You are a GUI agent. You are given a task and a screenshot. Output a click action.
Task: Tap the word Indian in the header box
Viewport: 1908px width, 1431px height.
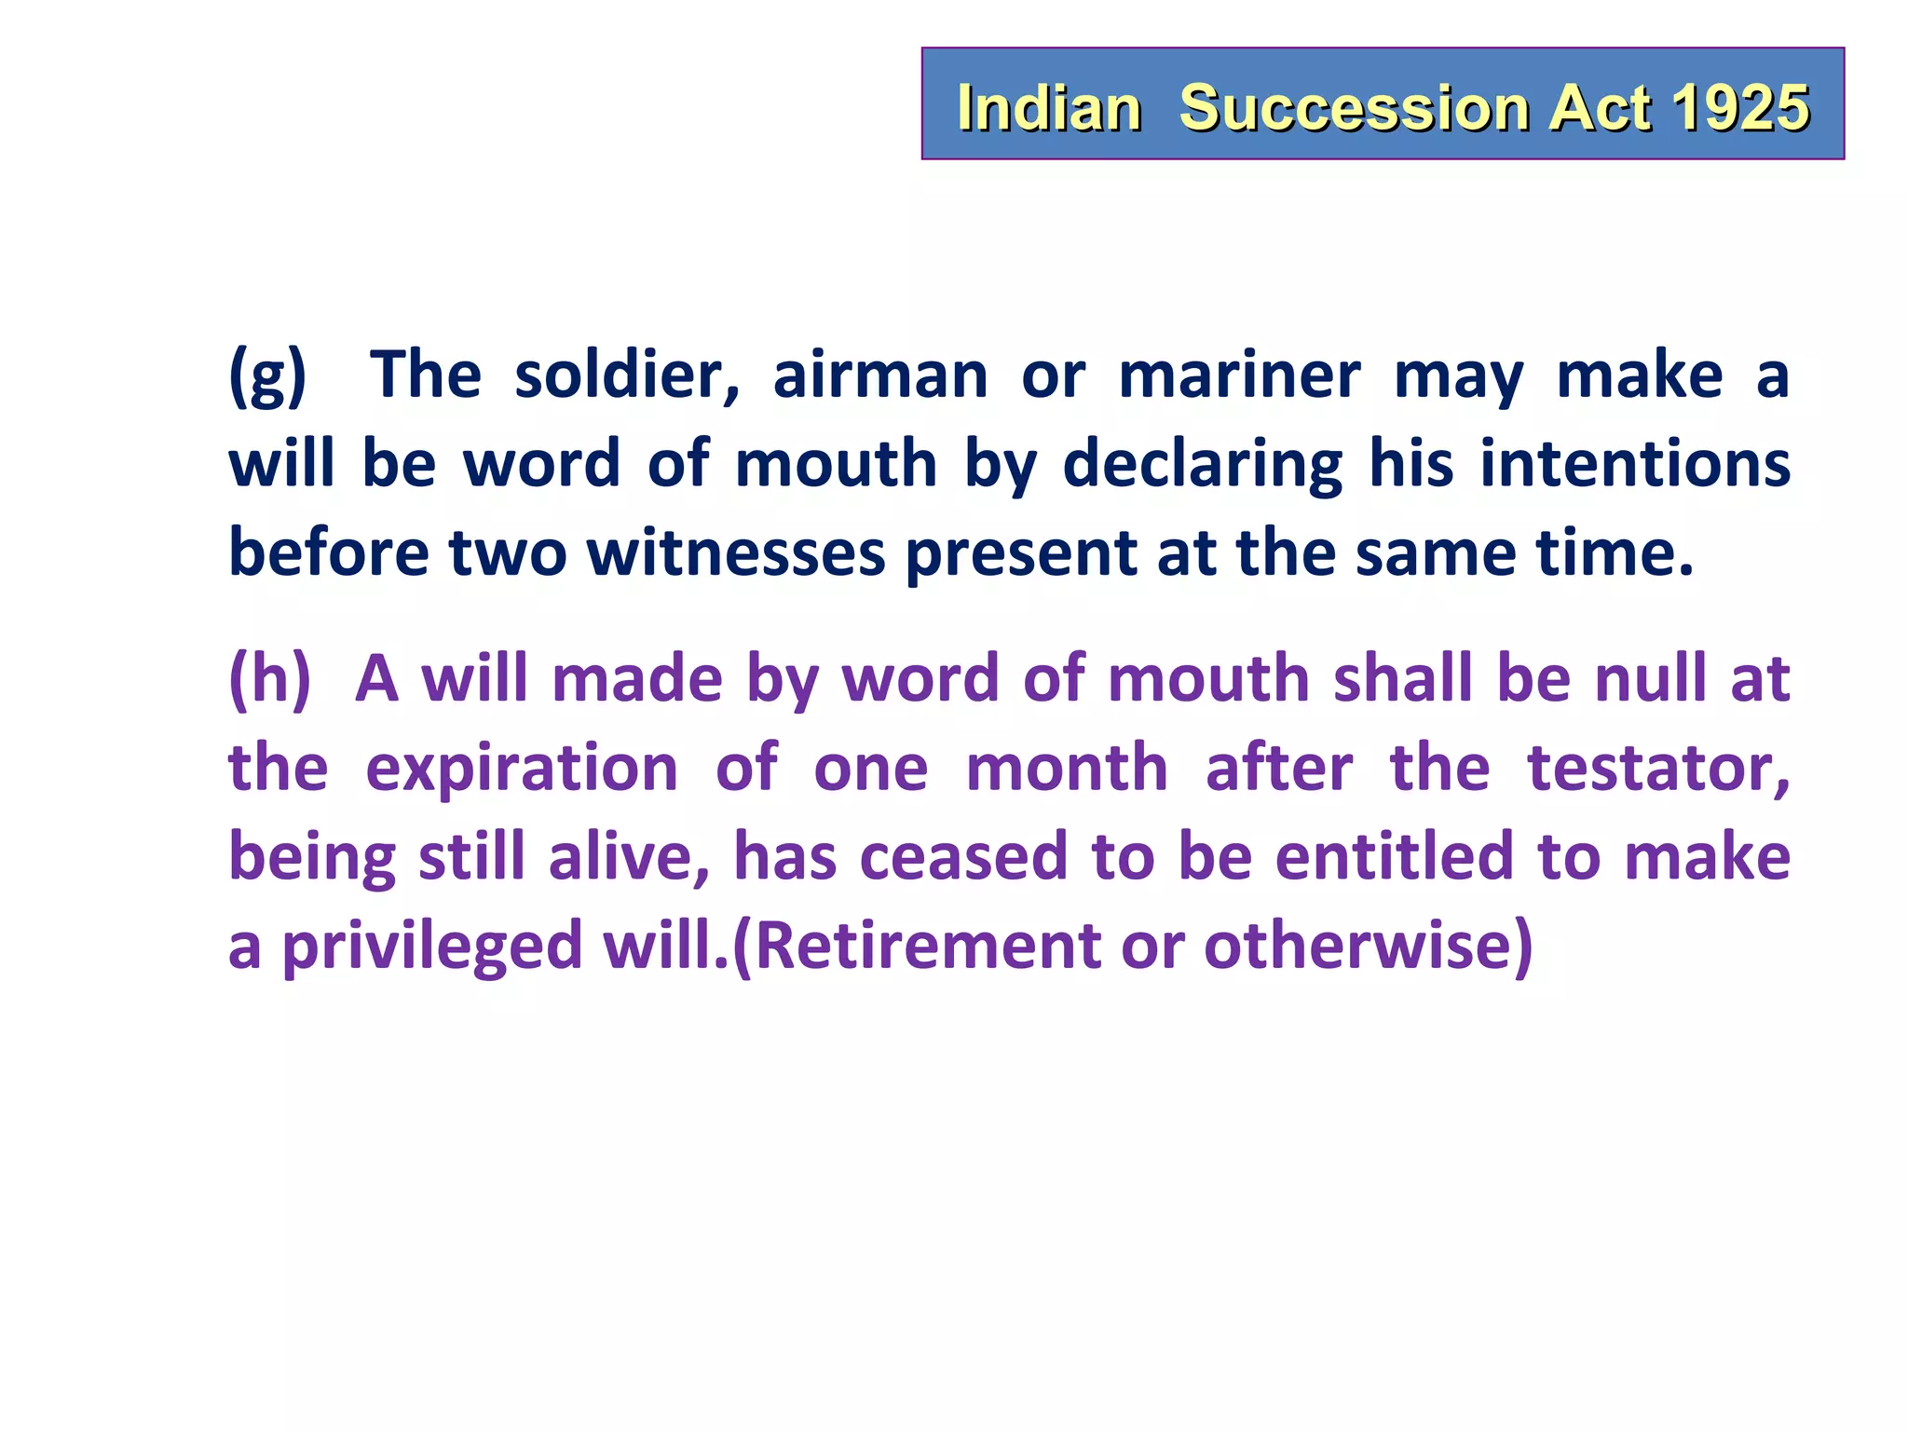point(1049,107)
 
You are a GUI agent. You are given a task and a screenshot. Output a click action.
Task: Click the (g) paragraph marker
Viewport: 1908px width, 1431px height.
point(267,375)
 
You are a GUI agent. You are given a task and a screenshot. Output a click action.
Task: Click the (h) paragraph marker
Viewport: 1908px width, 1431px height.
point(269,678)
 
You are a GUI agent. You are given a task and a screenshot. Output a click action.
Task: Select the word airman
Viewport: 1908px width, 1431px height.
point(880,375)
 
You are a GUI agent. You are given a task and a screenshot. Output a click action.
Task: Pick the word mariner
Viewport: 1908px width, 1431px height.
point(1239,375)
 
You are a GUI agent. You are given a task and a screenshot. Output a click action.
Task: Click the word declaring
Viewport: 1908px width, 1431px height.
point(1203,465)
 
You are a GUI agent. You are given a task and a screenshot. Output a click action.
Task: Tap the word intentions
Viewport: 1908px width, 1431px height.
point(1635,465)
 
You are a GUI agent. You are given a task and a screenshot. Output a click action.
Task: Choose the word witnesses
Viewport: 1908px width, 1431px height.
point(736,553)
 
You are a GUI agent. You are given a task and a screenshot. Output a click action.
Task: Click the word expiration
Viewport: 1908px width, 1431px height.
point(522,769)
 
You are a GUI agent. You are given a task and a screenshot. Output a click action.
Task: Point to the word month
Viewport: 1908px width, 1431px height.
point(1067,769)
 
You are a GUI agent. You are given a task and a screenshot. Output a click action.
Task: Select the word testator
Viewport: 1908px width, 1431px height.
point(1658,769)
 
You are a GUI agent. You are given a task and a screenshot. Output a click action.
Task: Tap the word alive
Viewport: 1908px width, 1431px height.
point(629,857)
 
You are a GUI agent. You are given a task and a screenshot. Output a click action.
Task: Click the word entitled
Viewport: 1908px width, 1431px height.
point(1394,857)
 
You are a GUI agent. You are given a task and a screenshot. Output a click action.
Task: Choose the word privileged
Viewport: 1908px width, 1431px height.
point(432,947)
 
